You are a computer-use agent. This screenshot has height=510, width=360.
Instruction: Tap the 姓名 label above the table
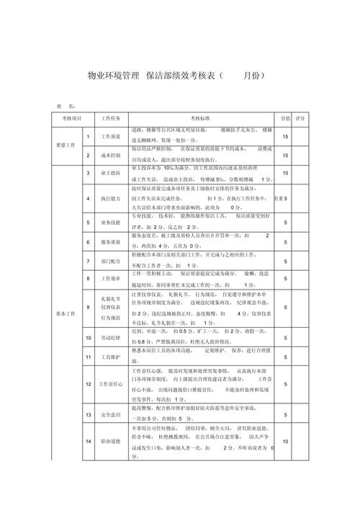click(x=63, y=105)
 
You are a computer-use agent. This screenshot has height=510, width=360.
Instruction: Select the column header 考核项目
click(x=72, y=117)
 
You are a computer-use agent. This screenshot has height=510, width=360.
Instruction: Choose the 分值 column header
click(x=285, y=117)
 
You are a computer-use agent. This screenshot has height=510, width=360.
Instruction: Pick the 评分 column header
click(x=300, y=117)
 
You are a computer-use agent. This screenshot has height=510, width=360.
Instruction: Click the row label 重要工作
click(x=66, y=145)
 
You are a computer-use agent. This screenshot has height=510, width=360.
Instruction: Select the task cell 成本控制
click(x=111, y=155)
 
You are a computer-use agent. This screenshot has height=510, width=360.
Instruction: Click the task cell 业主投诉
click(x=111, y=173)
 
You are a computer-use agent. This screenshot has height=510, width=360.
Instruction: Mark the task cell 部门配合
click(x=111, y=261)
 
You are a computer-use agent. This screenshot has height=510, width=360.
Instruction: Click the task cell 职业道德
click(x=111, y=441)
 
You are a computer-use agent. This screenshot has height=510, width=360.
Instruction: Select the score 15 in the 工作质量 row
click(x=286, y=136)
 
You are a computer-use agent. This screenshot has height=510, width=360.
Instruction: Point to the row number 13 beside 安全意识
click(x=87, y=415)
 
